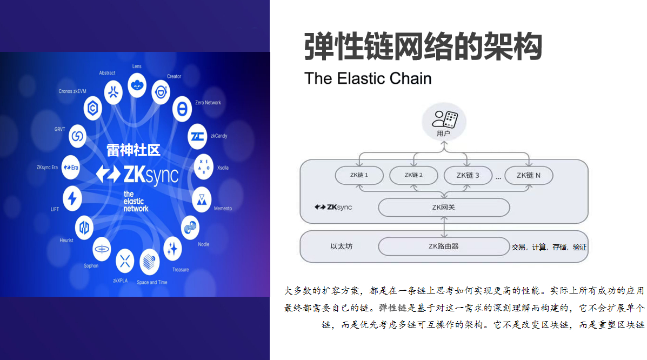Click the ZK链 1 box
[x=359, y=175]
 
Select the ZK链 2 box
[x=413, y=175]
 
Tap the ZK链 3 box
[x=468, y=175]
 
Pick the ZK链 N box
[x=529, y=175]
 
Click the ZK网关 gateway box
[x=444, y=208]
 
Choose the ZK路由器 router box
[x=444, y=246]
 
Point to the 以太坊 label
[x=341, y=246]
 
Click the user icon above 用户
[x=444, y=119]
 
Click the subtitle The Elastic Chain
[x=368, y=78]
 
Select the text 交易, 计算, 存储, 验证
[x=549, y=247]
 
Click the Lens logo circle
[x=137, y=84]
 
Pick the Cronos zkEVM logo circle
[x=94, y=108]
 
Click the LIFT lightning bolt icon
[x=72, y=199]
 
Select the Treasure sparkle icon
[x=172, y=249]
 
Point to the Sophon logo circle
[x=102, y=249]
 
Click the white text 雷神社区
[x=133, y=150]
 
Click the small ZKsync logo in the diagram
[x=333, y=208]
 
